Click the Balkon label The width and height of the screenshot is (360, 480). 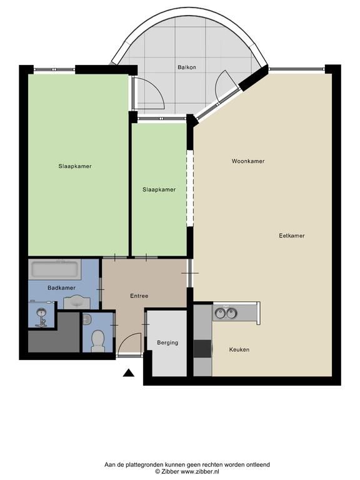pyautogui.click(x=187, y=67)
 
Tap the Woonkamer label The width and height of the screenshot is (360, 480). pyautogui.click(x=248, y=161)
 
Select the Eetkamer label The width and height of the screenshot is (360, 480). pyautogui.click(x=292, y=236)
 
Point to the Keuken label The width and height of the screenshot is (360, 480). pyautogui.click(x=239, y=349)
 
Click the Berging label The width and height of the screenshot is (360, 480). pyautogui.click(x=167, y=343)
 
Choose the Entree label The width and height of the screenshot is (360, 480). pyautogui.click(x=139, y=296)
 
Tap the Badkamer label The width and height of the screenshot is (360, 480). pyautogui.click(x=61, y=287)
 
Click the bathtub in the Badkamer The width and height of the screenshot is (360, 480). pyautogui.click(x=55, y=269)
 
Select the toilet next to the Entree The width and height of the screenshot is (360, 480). pyautogui.click(x=97, y=342)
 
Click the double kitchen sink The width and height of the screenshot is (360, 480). pyautogui.click(x=226, y=313)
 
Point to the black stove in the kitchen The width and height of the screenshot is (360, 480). pyautogui.click(x=202, y=349)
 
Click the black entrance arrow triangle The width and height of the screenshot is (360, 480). pyautogui.click(x=129, y=372)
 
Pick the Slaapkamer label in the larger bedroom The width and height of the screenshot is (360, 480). pyautogui.click(x=75, y=166)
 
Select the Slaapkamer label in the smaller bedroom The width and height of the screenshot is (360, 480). pyautogui.click(x=159, y=190)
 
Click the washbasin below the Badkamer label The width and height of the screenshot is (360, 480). pyautogui.click(x=76, y=302)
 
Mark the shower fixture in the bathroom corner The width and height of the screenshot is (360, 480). pyautogui.click(x=41, y=317)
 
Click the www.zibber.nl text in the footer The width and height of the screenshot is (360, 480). pyautogui.click(x=199, y=472)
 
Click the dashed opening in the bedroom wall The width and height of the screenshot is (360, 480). pyautogui.click(x=190, y=188)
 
